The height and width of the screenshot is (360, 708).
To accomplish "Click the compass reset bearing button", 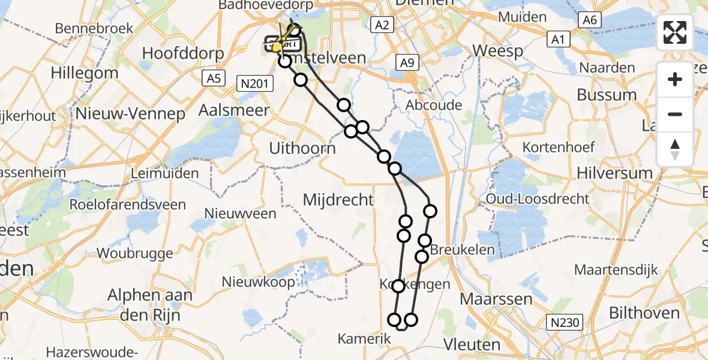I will [675, 149].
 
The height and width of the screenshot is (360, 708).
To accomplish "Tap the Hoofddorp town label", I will [183, 53].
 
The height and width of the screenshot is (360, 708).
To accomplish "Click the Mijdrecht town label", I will [338, 200].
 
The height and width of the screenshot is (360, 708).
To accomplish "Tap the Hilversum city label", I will [614, 173].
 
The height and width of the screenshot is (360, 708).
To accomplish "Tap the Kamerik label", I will [364, 339].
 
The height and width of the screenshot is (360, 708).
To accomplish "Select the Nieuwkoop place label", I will [259, 281].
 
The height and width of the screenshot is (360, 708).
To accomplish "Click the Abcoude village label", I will [434, 106].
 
